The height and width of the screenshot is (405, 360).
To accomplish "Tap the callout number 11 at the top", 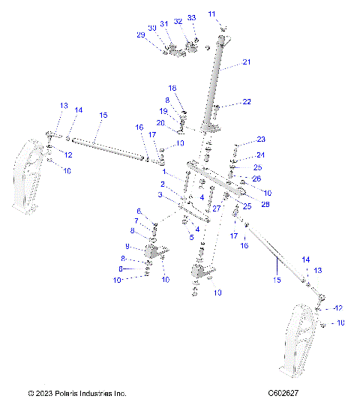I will (x=211, y=14).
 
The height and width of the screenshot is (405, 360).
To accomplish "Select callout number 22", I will (x=247, y=102).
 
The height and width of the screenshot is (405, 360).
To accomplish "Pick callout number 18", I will (x=172, y=88).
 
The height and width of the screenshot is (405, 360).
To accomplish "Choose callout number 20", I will (x=160, y=123).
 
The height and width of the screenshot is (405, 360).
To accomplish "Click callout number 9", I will (x=127, y=246).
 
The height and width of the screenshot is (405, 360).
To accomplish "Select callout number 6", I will (x=139, y=211).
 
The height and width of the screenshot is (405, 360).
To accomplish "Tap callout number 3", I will (x=160, y=195).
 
